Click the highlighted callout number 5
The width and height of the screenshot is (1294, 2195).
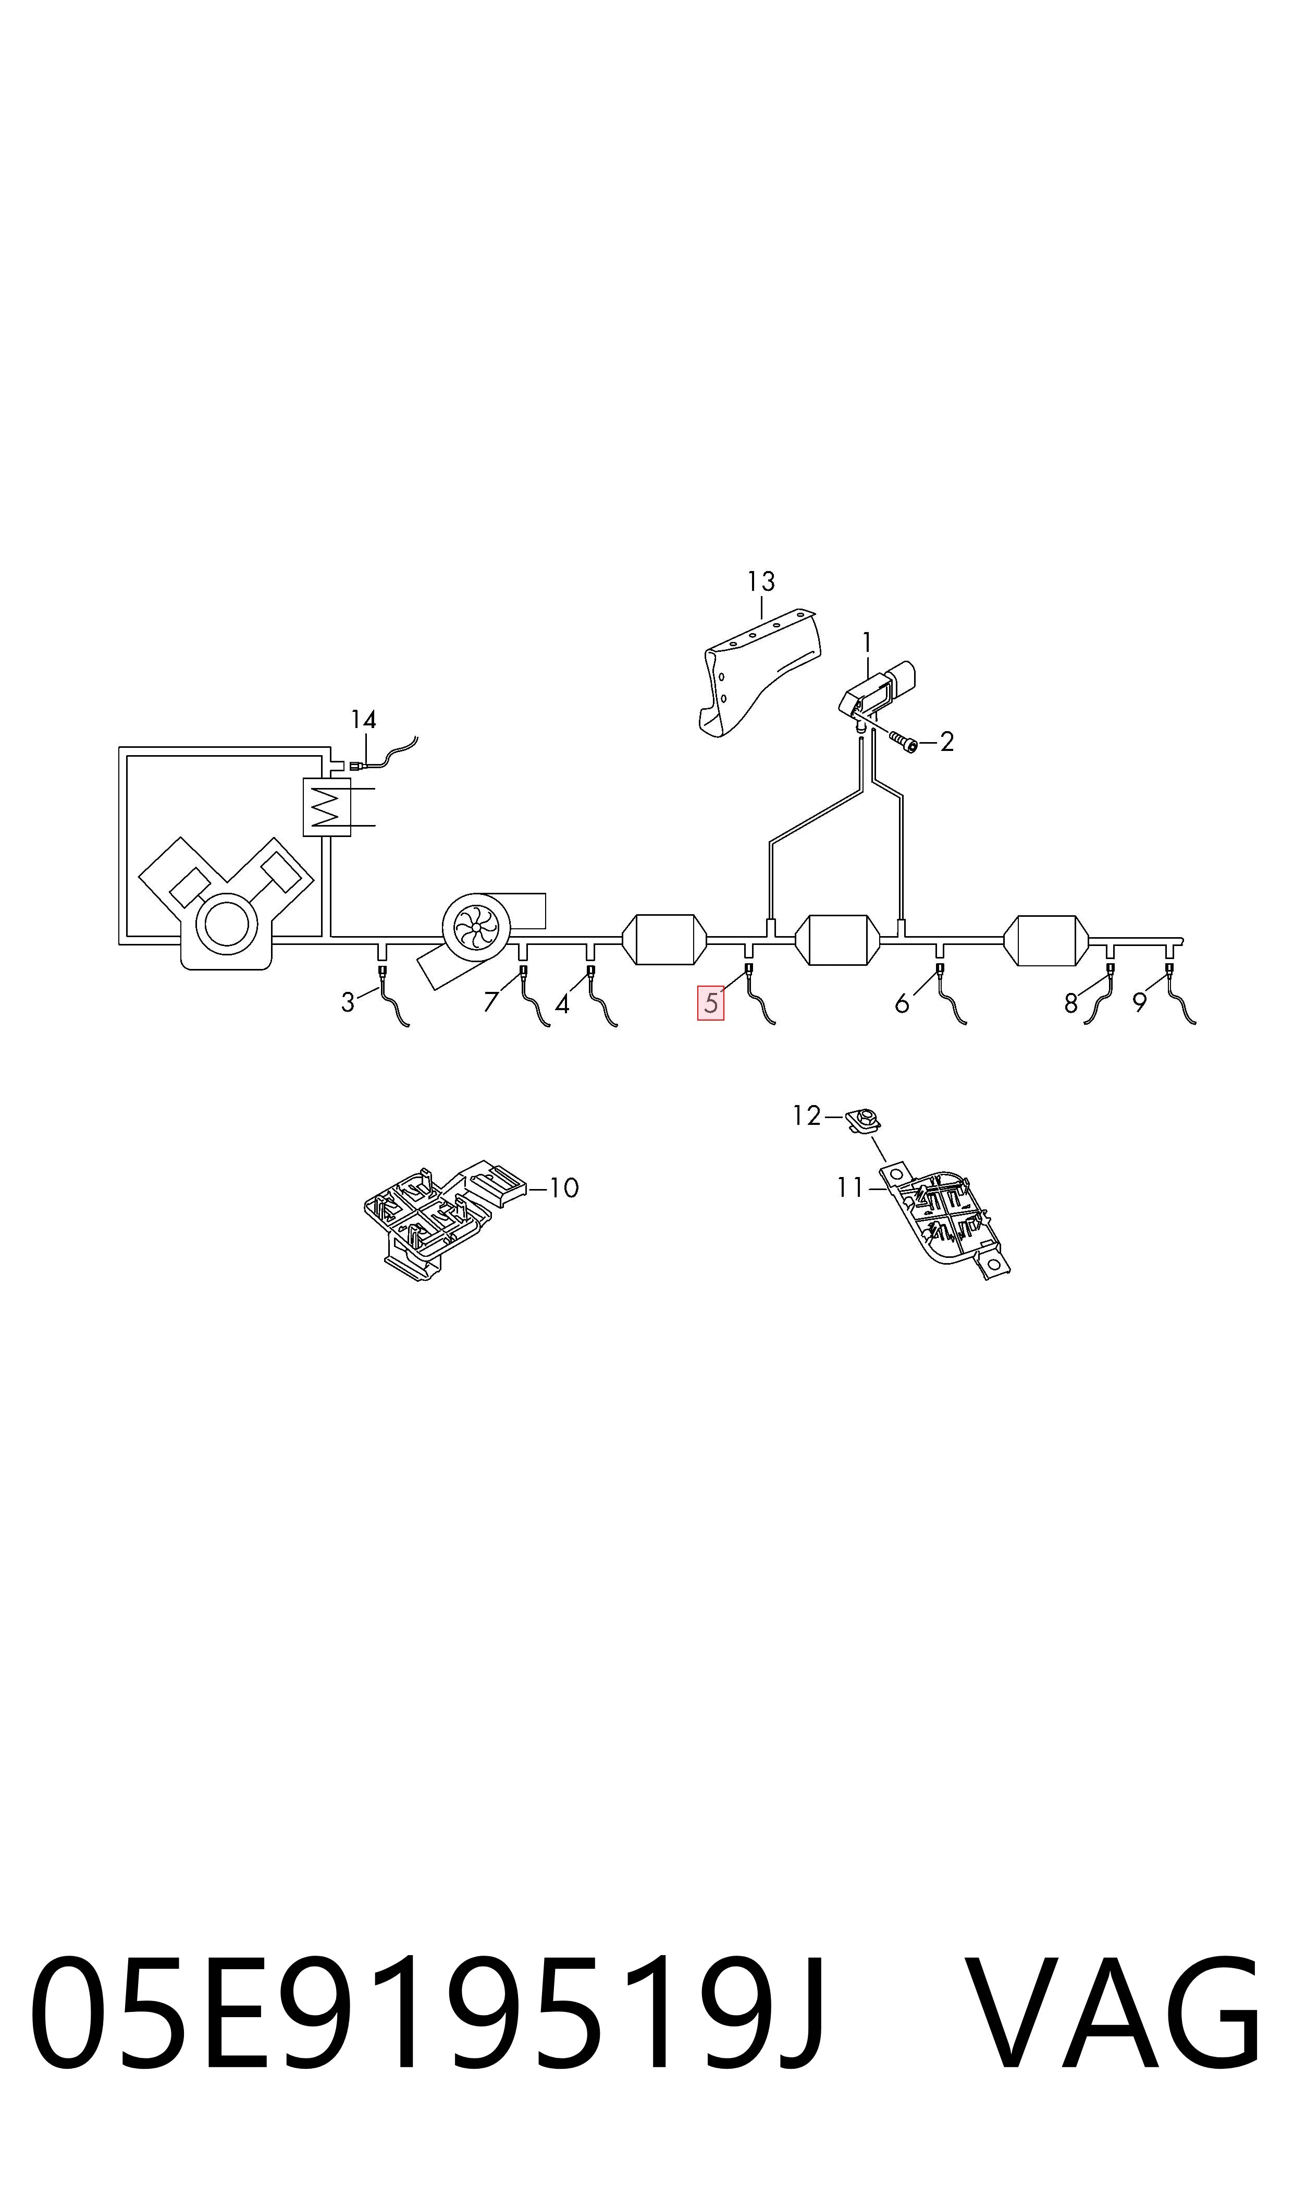click(x=711, y=1002)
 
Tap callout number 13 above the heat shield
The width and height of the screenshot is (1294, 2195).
click(x=761, y=581)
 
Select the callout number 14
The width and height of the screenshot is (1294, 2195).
click(x=364, y=720)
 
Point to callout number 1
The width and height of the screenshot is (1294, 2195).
click(x=867, y=643)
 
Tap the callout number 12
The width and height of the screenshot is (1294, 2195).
click(x=807, y=1116)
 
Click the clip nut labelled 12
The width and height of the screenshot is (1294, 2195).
click(x=863, y=1119)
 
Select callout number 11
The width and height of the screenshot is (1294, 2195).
click(x=850, y=1188)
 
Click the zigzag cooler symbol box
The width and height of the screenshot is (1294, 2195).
click(x=326, y=806)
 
